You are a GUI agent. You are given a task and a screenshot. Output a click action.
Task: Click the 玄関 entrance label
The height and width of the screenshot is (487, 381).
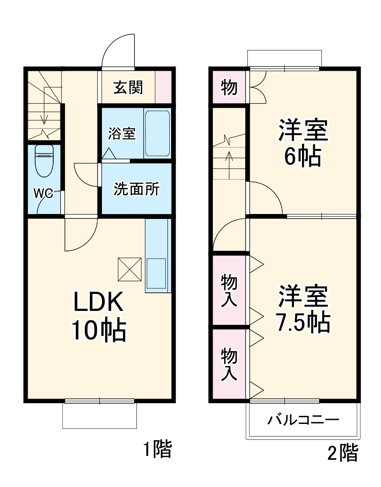tap(128, 87)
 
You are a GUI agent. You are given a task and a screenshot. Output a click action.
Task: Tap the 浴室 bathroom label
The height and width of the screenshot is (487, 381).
tap(121, 133)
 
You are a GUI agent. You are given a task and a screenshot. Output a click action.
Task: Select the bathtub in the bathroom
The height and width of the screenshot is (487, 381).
tap(157, 133)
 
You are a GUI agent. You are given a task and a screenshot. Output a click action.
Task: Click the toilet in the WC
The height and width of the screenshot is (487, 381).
tap(44, 161)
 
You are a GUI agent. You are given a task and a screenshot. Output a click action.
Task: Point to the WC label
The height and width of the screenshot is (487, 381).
tap(44, 194)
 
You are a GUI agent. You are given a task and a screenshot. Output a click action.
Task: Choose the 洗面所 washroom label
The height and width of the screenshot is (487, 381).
tap(136, 189)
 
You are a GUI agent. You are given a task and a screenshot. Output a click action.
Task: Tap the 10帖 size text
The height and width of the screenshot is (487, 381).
tap(98, 331)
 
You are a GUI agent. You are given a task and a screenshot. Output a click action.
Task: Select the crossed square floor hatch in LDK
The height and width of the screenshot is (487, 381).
tap(130, 269)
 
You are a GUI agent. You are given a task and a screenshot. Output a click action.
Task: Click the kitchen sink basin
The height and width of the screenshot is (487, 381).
tap(157, 273)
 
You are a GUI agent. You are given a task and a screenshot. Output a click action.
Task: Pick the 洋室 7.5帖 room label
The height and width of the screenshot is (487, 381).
tap(303, 309)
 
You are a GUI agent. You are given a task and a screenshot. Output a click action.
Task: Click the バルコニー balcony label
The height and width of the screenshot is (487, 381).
tap(303, 420)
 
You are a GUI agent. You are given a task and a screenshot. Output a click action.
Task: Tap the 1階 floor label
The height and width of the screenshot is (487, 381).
tap(158, 449)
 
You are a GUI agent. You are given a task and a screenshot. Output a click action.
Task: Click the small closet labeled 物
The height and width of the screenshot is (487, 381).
tap(229, 87)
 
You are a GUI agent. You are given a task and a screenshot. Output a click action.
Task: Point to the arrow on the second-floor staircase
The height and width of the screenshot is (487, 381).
tap(229, 160)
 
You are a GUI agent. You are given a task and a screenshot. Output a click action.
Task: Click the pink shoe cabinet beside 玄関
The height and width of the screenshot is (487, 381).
tap(163, 87)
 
